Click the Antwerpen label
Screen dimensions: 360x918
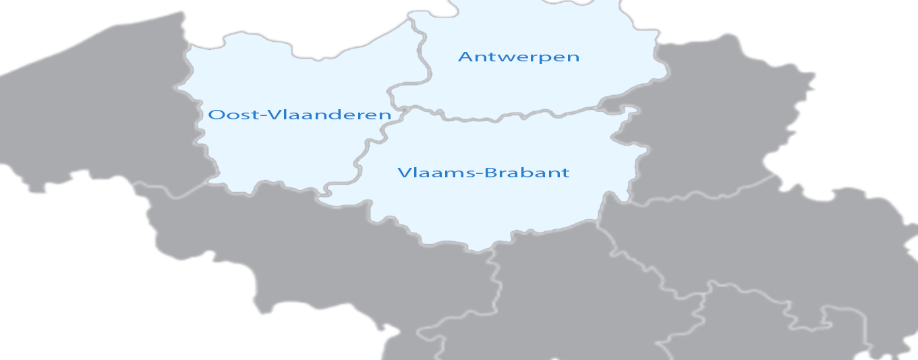518,57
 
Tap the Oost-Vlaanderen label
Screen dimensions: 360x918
299,115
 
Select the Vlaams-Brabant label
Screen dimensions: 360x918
483,173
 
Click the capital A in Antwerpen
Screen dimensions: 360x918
464,57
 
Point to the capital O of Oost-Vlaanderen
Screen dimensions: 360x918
215,115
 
